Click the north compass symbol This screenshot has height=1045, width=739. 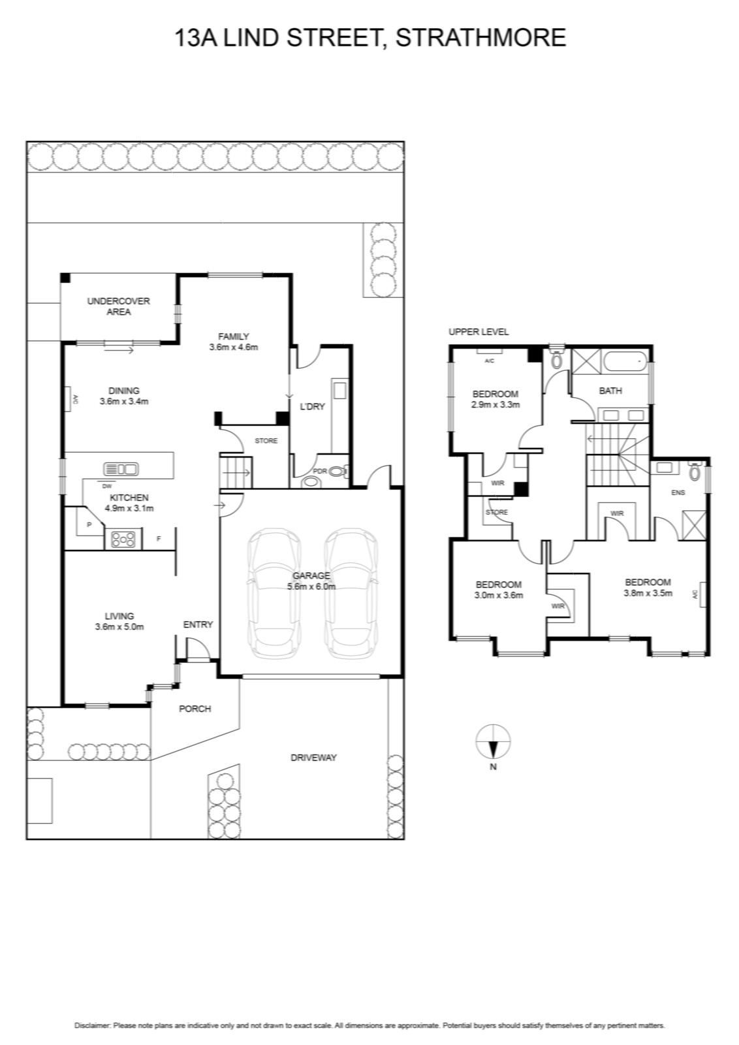click(493, 741)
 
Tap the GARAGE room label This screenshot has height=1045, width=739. click(311, 575)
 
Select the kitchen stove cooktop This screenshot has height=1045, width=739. click(123, 539)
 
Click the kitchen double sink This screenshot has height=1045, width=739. click(121, 469)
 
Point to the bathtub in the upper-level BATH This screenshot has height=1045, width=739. click(623, 361)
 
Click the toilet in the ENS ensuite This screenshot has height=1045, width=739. click(695, 472)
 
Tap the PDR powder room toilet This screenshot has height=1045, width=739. click(337, 472)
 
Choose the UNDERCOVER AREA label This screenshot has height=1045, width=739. click(118, 306)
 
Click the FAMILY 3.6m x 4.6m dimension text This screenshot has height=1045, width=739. click(234, 347)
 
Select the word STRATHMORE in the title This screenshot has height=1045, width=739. click(480, 38)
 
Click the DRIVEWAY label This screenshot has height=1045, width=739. click(313, 758)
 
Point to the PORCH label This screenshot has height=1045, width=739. click(195, 709)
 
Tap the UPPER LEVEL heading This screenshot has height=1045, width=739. click(479, 332)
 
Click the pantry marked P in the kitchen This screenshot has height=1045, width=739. click(89, 524)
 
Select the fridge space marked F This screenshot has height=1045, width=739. click(159, 538)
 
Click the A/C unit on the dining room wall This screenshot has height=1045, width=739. click(68, 399)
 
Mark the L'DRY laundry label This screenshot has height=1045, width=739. click(312, 406)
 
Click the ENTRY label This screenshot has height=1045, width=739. click(198, 624)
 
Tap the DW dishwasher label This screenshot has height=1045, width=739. click(107, 486)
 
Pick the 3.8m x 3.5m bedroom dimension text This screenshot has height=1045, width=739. click(648, 594)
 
